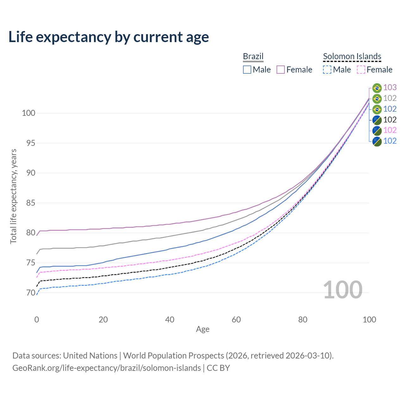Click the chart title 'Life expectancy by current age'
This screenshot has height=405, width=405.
click(x=109, y=37)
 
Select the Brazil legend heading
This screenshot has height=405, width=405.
click(x=253, y=56)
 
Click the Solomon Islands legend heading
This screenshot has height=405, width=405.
click(x=352, y=56)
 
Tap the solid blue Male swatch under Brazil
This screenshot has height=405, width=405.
click(x=247, y=70)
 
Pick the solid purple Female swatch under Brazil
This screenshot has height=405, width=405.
click(x=281, y=70)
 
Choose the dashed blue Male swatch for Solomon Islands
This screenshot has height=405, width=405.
click(x=327, y=70)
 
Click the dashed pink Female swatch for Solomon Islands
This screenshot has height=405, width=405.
click(x=361, y=70)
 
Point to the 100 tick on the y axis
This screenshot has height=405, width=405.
click(x=28, y=113)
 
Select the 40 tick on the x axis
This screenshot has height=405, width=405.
click(x=170, y=320)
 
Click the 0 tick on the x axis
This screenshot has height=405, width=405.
click(x=37, y=320)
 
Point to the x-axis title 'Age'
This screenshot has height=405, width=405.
click(x=202, y=329)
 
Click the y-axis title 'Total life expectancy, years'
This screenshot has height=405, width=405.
click(x=13, y=196)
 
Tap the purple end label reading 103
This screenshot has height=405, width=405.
click(x=390, y=87)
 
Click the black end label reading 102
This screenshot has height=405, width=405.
click(x=390, y=120)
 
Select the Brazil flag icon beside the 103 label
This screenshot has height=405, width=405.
click(x=377, y=88)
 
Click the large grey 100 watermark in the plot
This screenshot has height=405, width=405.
click(x=343, y=290)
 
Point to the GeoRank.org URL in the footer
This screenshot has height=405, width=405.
click(x=107, y=368)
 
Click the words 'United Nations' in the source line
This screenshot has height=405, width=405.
click(x=90, y=356)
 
